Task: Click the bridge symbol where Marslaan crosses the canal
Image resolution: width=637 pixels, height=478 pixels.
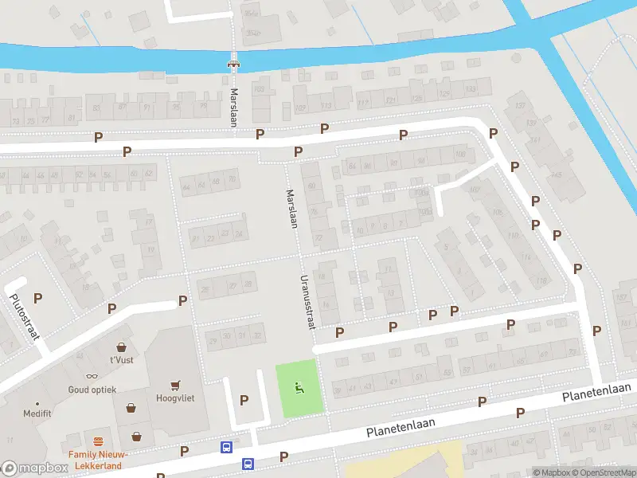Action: (x=234, y=63)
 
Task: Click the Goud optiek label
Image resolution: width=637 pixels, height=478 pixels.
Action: (x=92, y=390)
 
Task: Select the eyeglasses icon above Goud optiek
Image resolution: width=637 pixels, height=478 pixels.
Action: (x=92, y=375)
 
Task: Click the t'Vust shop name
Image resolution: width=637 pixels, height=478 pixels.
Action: (x=122, y=360)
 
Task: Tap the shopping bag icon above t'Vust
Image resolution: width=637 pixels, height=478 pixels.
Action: (x=122, y=347)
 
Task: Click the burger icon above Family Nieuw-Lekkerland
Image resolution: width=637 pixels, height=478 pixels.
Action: (x=99, y=441)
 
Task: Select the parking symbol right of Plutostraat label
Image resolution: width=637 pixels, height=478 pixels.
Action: (x=37, y=297)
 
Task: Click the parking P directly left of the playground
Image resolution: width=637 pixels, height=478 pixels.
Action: (x=244, y=400)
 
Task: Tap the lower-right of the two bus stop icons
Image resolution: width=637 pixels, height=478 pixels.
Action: (x=248, y=463)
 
